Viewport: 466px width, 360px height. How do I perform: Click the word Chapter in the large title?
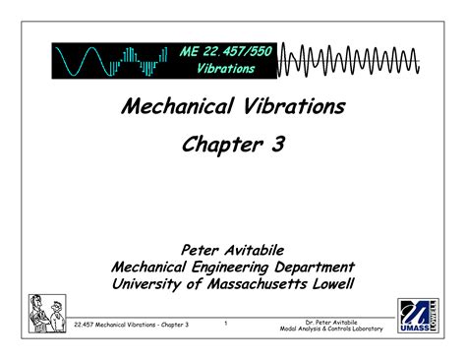(x=220, y=147)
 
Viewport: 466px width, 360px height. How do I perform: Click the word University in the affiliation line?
(x=151, y=284)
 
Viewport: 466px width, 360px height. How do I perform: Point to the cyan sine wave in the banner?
(x=82, y=61)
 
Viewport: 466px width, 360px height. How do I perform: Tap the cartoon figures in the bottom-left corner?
(x=47, y=315)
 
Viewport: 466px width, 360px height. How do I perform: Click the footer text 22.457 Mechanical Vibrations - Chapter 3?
(x=132, y=324)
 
